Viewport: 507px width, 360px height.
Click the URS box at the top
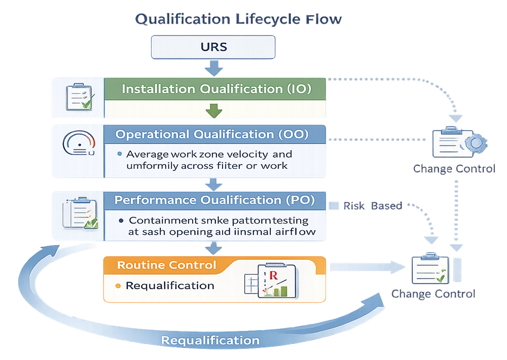pyautogui.click(x=213, y=47)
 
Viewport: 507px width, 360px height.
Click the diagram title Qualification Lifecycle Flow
pyautogui.click(x=238, y=19)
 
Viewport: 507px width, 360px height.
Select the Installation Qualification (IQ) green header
pyautogui.click(x=215, y=89)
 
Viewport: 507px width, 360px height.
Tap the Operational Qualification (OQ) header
pyautogui.click(x=215, y=134)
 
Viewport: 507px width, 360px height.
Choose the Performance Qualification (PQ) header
pyautogui.click(x=215, y=200)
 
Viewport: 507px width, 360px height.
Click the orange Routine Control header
pyautogui.click(x=167, y=265)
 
